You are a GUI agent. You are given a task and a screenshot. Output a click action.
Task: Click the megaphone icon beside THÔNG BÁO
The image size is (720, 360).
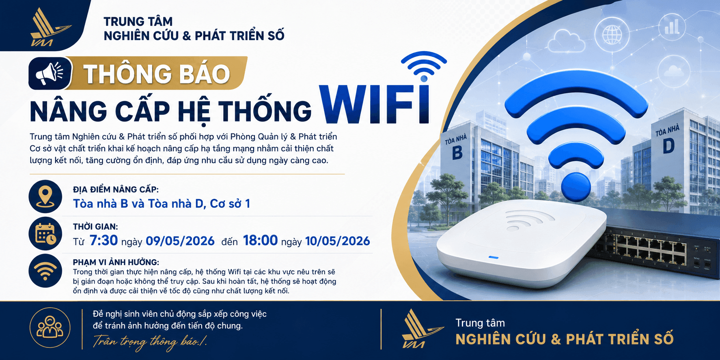(50, 73)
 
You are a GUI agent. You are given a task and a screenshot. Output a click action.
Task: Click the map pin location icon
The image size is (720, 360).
(45, 196)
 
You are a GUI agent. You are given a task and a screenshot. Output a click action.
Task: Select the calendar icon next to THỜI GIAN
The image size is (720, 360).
(45, 234)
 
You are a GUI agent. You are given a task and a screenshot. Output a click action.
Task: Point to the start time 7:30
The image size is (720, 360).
(103, 240)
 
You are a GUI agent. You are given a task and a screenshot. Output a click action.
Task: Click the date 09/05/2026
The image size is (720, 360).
(180, 241)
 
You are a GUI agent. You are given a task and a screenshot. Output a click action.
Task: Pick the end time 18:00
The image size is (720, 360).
(261, 240)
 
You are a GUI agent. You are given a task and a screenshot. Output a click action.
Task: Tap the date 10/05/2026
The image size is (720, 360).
(338, 241)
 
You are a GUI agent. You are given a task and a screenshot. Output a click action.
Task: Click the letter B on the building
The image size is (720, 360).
(457, 153)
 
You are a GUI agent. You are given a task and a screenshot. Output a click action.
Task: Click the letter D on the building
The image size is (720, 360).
(668, 147)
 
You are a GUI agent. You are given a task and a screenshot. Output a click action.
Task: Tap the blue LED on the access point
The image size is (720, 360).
(494, 257)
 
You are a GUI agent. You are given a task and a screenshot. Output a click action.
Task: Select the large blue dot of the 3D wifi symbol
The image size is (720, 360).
(576, 187)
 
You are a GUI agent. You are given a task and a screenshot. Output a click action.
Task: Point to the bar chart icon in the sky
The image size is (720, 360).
(672, 27)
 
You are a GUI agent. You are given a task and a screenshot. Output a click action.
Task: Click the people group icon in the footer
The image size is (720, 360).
(50, 328)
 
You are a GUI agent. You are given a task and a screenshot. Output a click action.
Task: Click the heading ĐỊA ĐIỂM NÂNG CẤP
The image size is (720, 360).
(116, 190)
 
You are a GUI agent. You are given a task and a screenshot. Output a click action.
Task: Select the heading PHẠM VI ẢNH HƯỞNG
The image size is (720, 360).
(116, 262)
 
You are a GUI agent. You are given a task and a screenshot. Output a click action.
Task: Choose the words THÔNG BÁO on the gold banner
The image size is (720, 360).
(157, 74)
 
